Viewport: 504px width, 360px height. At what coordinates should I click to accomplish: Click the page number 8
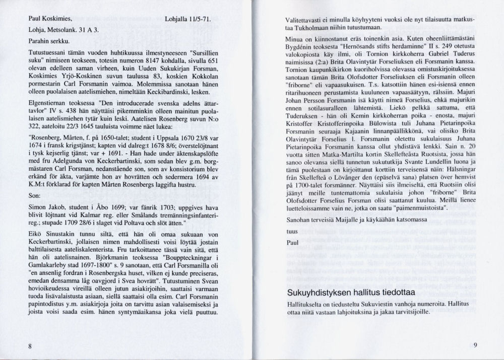point(31,346)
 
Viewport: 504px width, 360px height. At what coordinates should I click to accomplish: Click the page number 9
point(475,345)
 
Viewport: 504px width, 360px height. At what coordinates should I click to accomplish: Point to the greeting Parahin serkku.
point(48,41)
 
